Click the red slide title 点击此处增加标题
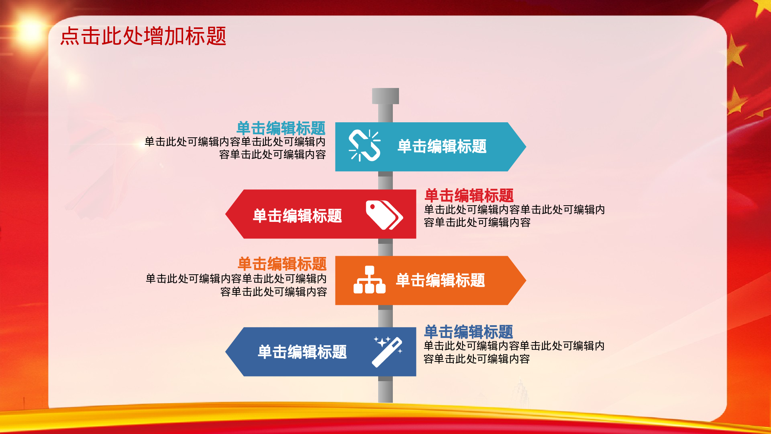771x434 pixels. click(x=143, y=36)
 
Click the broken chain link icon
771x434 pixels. click(x=364, y=145)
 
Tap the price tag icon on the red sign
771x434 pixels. click(x=384, y=215)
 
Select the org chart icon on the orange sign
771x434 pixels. click(x=369, y=280)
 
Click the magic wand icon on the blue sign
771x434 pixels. click(x=387, y=351)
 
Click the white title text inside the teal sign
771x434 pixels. click(x=442, y=147)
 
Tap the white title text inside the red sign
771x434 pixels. click(x=297, y=216)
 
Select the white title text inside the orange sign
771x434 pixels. click(x=440, y=280)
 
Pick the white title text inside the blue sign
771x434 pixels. click(x=302, y=352)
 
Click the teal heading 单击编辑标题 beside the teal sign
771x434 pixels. click(x=281, y=128)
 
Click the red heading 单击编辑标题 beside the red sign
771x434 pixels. click(x=469, y=196)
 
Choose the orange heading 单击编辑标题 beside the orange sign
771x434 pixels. click(x=282, y=264)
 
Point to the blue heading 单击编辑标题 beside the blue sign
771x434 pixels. click(x=468, y=332)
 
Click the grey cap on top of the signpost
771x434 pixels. click(x=385, y=96)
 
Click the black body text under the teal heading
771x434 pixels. click(x=235, y=148)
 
